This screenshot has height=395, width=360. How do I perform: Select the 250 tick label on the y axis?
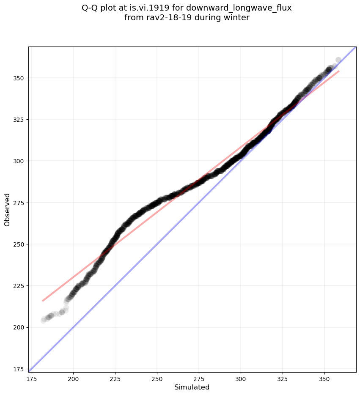pos(19,244)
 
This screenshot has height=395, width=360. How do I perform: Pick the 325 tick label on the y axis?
pos(19,120)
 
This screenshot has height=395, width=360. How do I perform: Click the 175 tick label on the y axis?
pos(19,369)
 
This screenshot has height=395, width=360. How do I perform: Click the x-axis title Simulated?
pos(192,387)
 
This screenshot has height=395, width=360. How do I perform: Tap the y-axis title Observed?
pos(7,210)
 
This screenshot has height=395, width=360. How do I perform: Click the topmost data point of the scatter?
pos(338,60)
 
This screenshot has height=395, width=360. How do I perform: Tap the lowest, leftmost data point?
pos(43,320)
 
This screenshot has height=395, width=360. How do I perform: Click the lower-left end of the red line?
pos(43,301)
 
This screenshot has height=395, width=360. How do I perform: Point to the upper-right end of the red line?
pos(339,71)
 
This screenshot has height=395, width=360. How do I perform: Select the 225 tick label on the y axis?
pos(19,286)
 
